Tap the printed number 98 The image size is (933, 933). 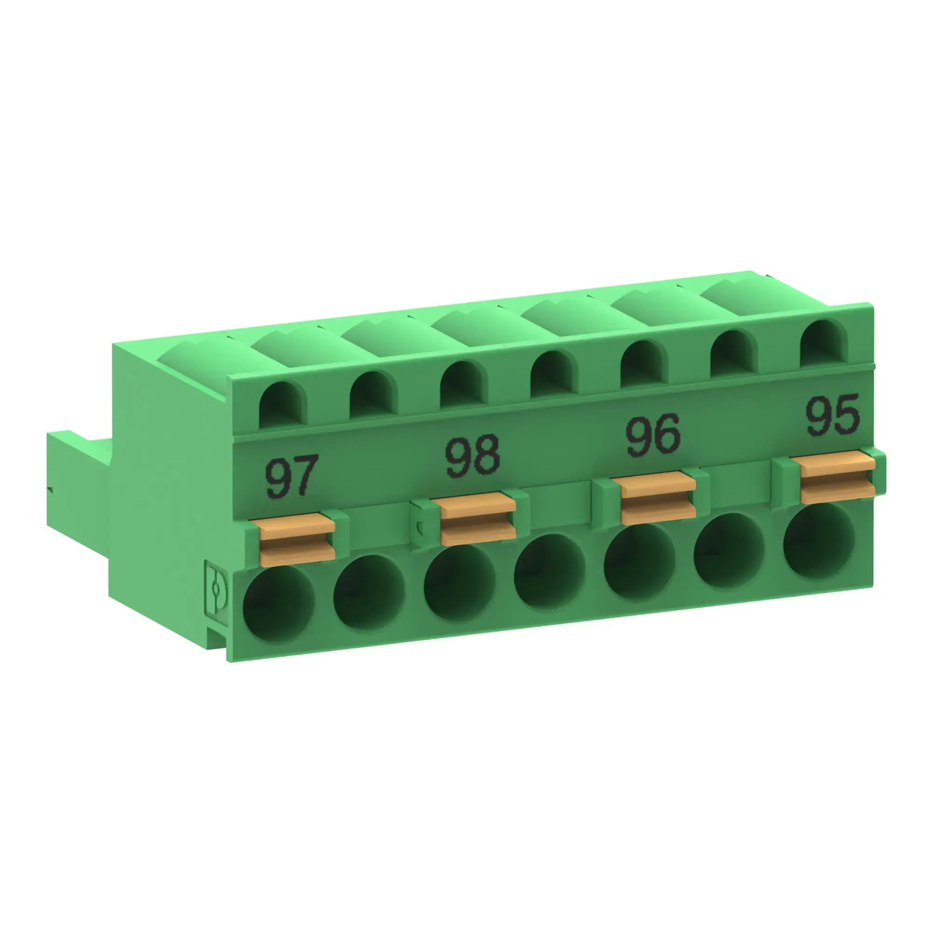click(x=472, y=456)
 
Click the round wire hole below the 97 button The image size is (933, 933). click(x=279, y=604)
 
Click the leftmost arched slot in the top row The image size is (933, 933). click(x=283, y=404)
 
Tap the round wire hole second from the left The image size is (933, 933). click(x=369, y=593)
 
